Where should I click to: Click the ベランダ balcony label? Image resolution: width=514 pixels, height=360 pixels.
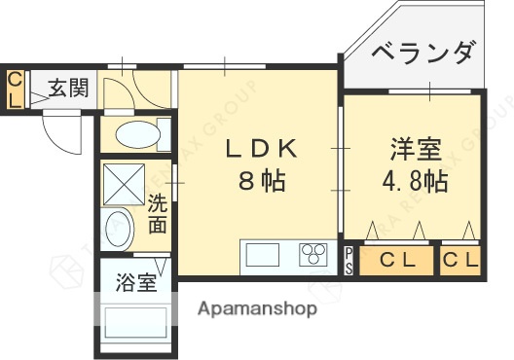(425, 52)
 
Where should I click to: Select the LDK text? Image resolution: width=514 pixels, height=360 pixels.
(260, 151)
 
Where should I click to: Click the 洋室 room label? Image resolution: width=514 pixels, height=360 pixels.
(416, 152)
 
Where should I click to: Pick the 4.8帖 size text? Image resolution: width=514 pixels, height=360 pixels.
(416, 182)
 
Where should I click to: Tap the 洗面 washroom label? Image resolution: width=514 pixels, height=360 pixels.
(157, 214)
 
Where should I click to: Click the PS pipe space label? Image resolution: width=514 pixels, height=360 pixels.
(349, 262)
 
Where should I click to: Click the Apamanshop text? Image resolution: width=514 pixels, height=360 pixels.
(258, 309)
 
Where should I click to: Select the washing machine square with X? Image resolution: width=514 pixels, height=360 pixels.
(123, 180)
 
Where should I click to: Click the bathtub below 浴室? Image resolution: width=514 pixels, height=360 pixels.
(135, 323)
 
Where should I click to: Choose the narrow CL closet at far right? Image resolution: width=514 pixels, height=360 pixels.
(460, 262)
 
